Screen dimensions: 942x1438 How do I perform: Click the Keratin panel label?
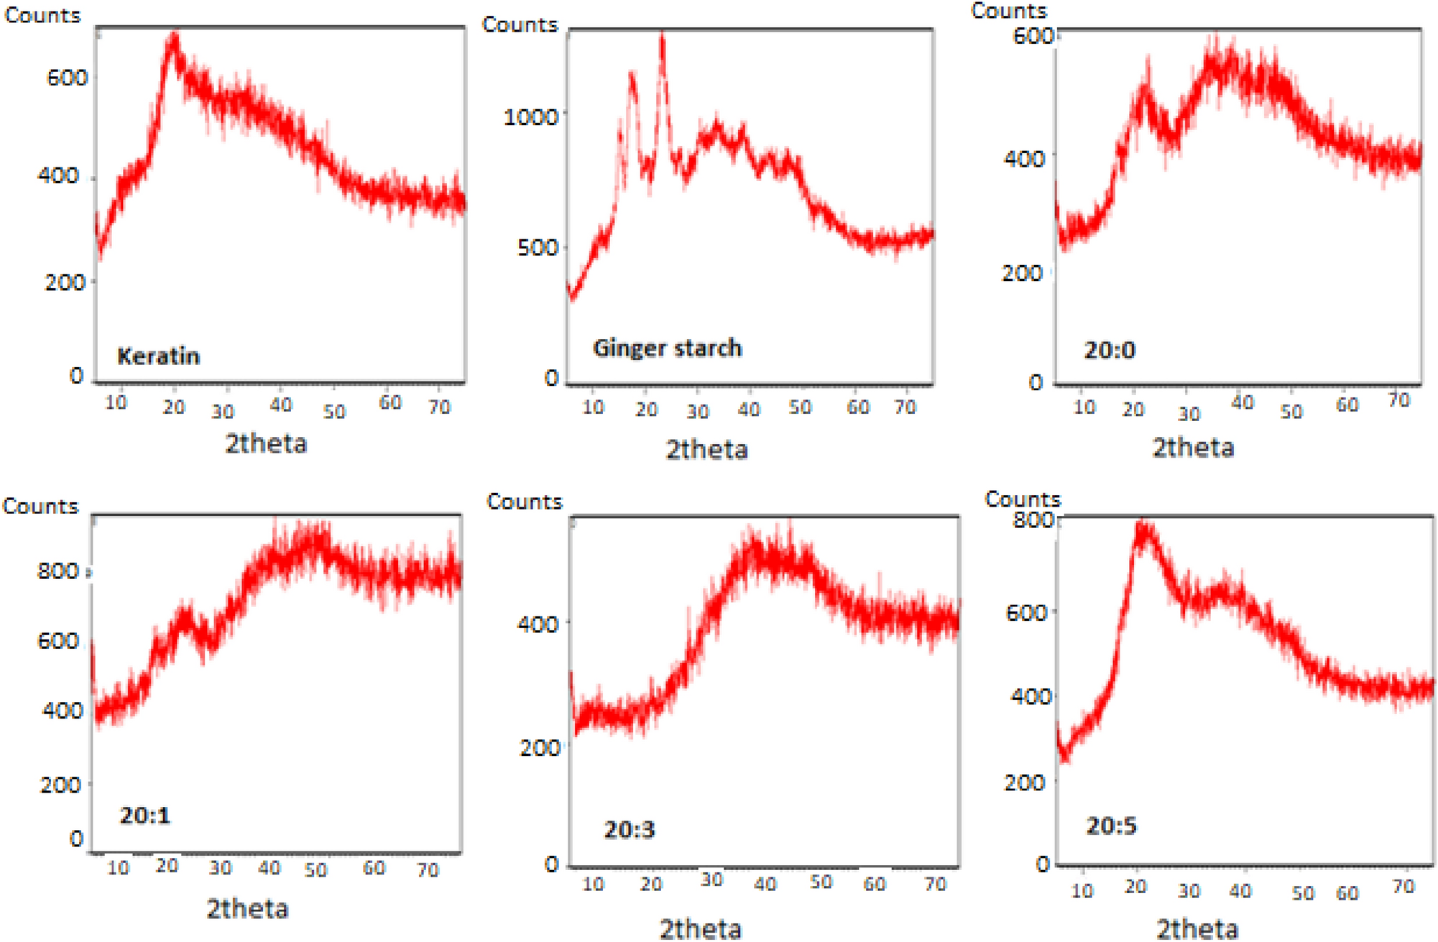[x=158, y=356]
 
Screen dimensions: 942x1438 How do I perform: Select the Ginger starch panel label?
[x=667, y=348]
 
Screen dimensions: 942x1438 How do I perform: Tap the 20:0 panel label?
[x=1110, y=350]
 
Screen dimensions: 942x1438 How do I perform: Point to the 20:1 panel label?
[x=144, y=815]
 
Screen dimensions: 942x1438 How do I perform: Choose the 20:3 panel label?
[x=630, y=830]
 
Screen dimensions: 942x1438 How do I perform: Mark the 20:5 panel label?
[x=1111, y=826]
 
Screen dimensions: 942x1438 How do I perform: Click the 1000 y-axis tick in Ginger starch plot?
[x=530, y=116]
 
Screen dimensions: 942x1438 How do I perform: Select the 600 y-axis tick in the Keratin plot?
[x=67, y=78]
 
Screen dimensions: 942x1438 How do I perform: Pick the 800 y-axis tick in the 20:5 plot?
[x=1033, y=520]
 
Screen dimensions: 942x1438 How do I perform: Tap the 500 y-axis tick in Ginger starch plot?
[x=538, y=248]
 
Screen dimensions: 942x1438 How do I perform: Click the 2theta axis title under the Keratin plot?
[x=266, y=443]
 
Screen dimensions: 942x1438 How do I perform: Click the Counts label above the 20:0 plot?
[x=1008, y=11]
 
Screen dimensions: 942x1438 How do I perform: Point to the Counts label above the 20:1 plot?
[x=40, y=507]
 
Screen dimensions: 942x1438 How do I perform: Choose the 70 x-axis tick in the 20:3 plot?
[x=935, y=883]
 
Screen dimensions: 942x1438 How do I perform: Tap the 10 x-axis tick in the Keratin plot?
[x=116, y=403]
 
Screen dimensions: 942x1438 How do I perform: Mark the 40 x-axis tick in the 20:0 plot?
[x=1243, y=402]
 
